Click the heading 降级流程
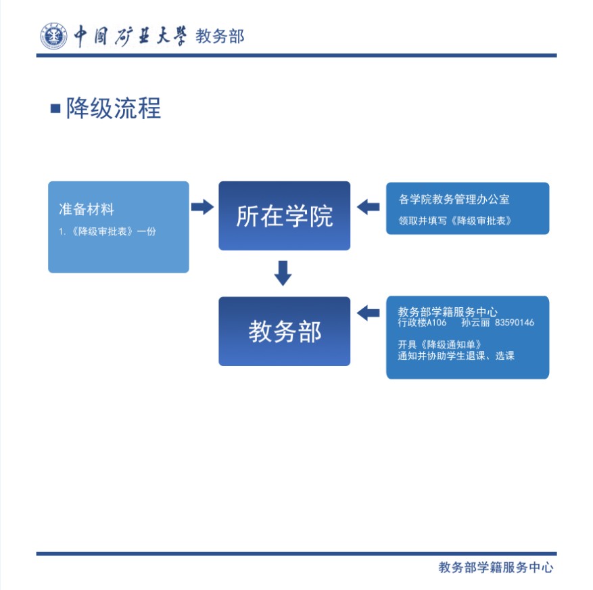[113, 108]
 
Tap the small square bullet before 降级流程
[55, 108]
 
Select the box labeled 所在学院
[284, 216]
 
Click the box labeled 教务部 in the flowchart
[284, 332]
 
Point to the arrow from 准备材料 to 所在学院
[202, 207]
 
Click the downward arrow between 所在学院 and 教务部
[283, 273]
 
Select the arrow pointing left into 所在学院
[368, 207]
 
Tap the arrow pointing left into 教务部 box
[368, 313]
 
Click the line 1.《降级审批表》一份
[107, 231]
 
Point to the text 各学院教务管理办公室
[454, 200]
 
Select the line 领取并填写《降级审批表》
[454, 221]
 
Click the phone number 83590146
[515, 323]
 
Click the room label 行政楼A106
[422, 323]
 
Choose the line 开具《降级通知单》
[440, 344]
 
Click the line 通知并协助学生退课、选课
[456, 356]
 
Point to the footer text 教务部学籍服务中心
[496, 568]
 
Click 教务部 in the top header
[220, 36]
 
